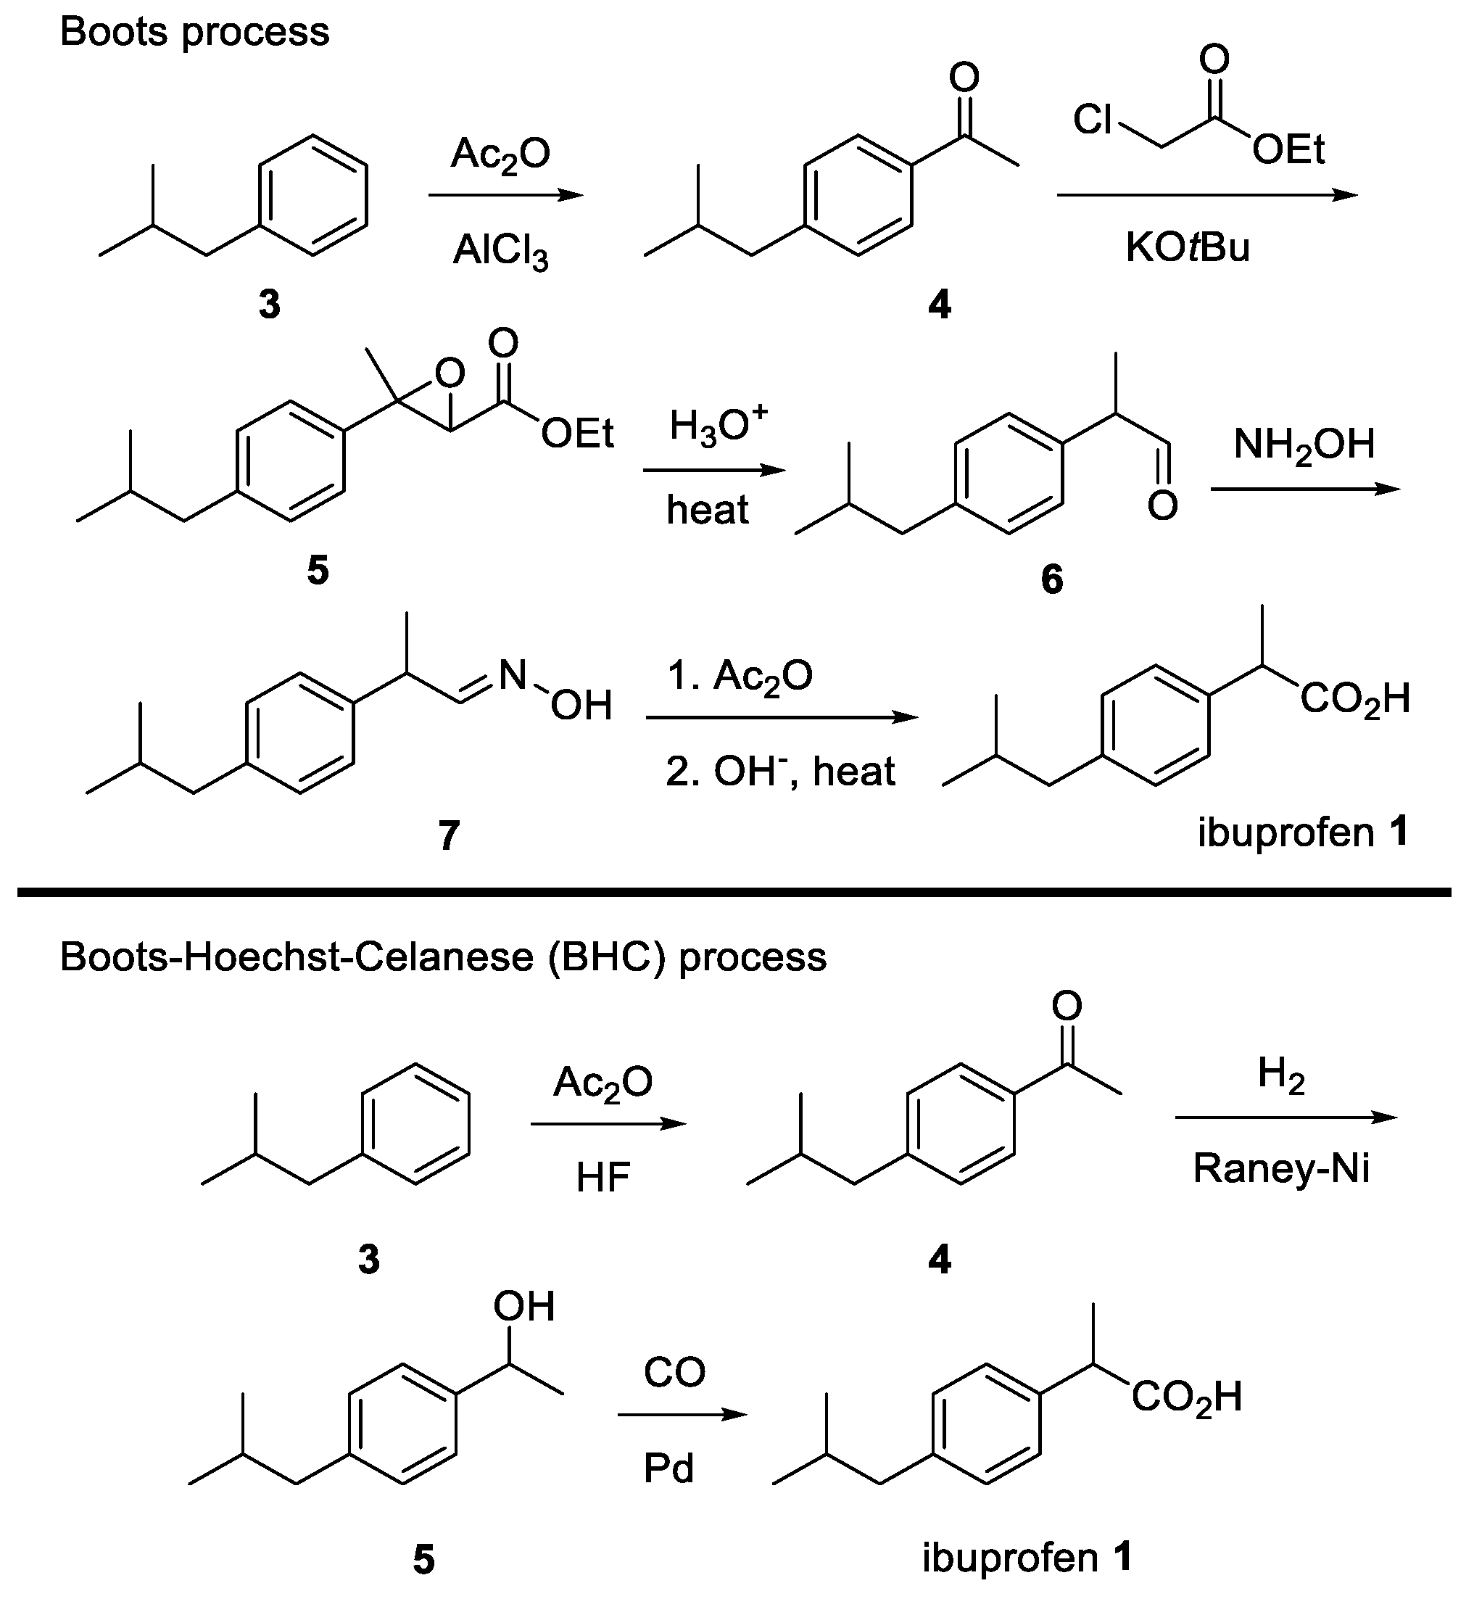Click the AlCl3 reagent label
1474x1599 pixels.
[500, 252]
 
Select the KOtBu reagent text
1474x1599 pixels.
[1187, 247]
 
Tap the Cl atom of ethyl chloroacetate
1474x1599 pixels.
[1092, 120]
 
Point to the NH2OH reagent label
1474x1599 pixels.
[1304, 445]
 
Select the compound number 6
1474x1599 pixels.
[1051, 579]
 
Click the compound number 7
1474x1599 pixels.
[449, 835]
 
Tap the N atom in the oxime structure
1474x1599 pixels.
[512, 676]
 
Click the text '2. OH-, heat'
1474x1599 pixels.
[780, 772]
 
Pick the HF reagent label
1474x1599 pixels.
[603, 1178]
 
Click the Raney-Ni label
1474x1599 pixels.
[1281, 1169]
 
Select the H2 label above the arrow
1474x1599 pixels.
[1281, 1073]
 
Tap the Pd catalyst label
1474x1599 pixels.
[668, 1468]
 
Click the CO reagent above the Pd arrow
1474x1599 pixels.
[674, 1373]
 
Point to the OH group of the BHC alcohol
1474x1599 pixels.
[523, 1306]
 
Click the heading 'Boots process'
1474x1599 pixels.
[194, 33]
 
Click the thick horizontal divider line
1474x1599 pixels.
[734, 892]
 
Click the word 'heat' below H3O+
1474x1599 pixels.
[708, 510]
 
